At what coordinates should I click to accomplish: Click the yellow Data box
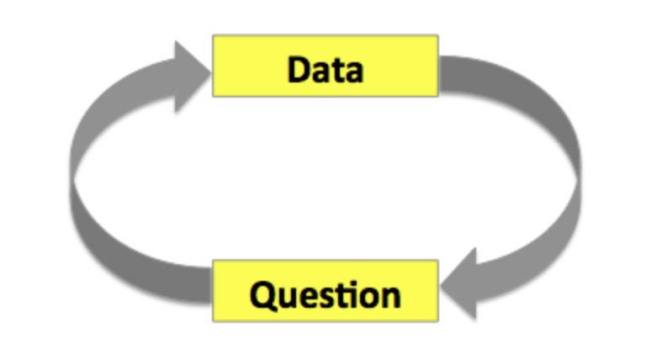click(325, 66)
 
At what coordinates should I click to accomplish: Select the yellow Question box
click(325, 291)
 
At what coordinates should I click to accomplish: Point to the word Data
click(325, 68)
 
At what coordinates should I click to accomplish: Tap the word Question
click(325, 294)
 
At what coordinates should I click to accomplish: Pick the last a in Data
click(353, 71)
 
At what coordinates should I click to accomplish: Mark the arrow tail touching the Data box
click(454, 71)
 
